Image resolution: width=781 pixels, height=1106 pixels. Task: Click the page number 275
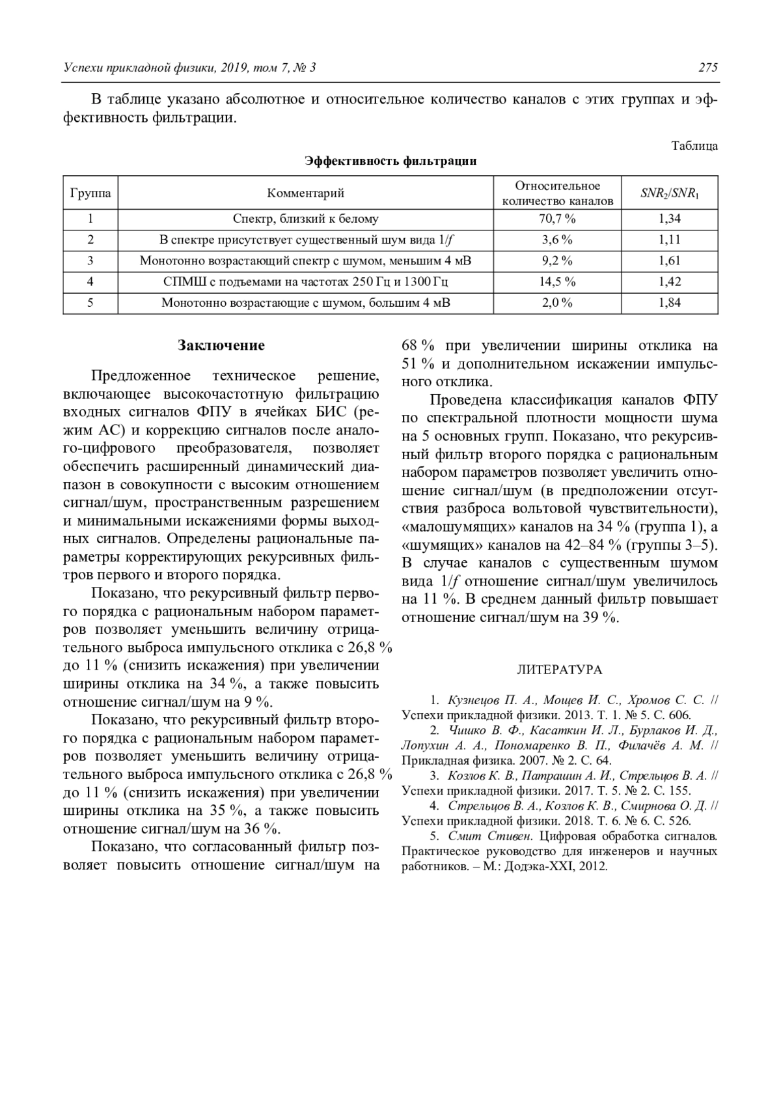click(x=707, y=68)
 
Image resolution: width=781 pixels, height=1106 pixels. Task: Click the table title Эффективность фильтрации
click(x=390, y=162)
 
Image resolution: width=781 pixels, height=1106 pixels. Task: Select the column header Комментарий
click(x=305, y=193)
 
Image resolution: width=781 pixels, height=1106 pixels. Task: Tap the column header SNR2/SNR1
click(x=670, y=193)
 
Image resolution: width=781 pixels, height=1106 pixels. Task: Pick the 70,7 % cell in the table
click(x=557, y=220)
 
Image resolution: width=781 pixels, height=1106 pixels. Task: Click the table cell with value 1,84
click(x=670, y=303)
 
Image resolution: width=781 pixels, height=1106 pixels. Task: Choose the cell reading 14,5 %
click(x=557, y=282)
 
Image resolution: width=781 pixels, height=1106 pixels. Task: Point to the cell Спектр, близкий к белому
click(x=305, y=220)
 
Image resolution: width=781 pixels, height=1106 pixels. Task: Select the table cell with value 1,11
click(x=670, y=240)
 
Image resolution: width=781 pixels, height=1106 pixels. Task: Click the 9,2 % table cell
click(x=557, y=261)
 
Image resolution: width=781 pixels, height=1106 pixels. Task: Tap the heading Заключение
click(x=221, y=345)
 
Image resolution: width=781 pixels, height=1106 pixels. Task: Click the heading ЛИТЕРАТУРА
click(x=559, y=670)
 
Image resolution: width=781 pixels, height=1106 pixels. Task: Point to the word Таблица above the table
click(x=694, y=146)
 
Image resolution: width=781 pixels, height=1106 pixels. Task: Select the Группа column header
click(x=90, y=193)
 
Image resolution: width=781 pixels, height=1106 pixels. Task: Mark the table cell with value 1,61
click(x=670, y=261)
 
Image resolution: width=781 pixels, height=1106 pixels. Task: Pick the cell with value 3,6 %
click(x=557, y=240)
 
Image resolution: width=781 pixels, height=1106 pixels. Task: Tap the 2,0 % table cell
click(x=557, y=303)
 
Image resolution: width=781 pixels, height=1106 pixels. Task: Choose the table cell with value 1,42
click(x=670, y=282)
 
